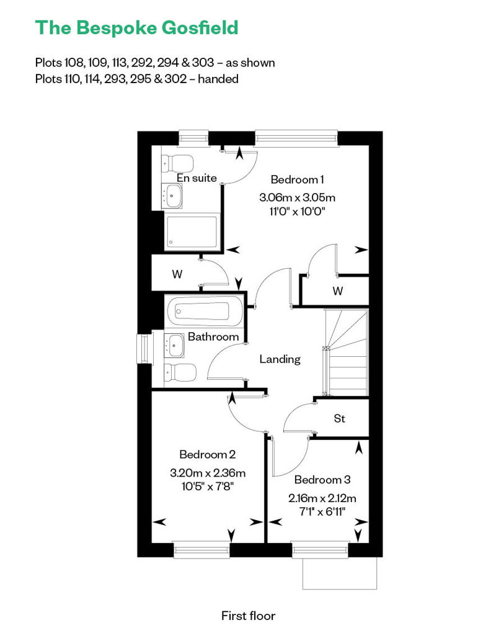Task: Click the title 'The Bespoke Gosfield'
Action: tap(137, 28)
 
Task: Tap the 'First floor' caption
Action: tap(248, 616)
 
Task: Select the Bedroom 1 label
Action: tap(298, 179)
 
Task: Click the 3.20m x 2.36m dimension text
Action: tap(208, 473)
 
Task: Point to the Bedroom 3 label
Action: tap(322, 480)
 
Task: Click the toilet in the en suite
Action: tap(177, 163)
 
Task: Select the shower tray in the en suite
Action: tap(192, 232)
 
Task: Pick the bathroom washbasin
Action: tap(174, 345)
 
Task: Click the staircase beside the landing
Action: tap(347, 353)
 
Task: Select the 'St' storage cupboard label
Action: tap(340, 418)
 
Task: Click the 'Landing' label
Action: tap(280, 359)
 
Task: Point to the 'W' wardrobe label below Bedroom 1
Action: tap(337, 291)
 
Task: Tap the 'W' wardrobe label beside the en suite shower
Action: tap(177, 274)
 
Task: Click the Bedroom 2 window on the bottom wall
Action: tap(201, 549)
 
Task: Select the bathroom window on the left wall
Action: tap(144, 348)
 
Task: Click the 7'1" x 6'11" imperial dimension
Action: tap(322, 512)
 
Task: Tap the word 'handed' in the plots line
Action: tap(218, 79)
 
